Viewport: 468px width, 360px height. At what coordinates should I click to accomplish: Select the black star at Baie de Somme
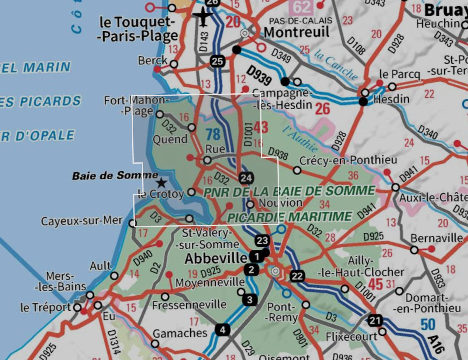point(161,182)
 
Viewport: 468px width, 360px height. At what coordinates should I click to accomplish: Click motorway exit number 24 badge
point(246,178)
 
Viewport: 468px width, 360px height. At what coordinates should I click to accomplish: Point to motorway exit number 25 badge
point(217,61)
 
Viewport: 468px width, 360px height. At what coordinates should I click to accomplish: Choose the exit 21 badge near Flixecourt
point(375,320)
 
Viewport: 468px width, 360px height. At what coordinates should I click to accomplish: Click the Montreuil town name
point(296,32)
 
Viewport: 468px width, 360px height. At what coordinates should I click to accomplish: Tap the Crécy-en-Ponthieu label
point(348,160)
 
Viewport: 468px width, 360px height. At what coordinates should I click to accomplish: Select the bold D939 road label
point(259,75)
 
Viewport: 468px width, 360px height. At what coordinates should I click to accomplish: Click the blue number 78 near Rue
point(213,135)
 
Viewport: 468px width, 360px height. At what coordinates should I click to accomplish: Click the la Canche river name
point(336,65)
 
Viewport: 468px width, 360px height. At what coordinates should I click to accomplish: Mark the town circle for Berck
point(174,64)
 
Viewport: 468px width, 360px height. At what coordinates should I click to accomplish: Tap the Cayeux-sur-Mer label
point(82,221)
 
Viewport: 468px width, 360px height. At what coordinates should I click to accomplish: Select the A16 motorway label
point(436,344)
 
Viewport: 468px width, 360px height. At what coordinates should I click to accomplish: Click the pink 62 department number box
point(301,7)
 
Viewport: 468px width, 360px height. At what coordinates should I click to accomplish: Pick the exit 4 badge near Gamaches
point(222,330)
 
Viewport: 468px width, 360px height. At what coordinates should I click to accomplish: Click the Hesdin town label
point(391,99)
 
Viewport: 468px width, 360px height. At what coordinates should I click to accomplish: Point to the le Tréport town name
point(46,308)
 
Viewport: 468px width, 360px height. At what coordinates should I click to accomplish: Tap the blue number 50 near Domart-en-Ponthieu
point(428,325)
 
